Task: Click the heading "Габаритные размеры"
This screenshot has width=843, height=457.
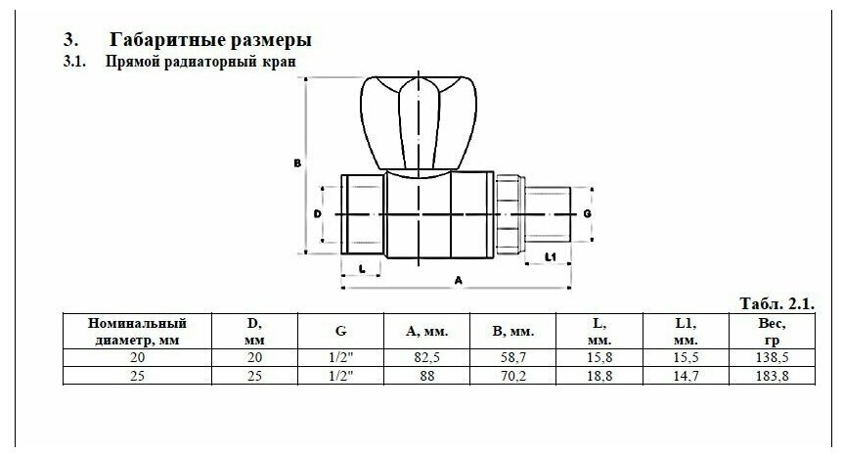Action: [211, 40]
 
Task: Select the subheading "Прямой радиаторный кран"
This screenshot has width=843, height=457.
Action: [200, 61]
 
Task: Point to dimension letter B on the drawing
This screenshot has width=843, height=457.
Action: [296, 163]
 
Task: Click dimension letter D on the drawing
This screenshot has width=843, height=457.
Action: [317, 212]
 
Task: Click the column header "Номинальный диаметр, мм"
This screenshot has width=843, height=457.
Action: [136, 330]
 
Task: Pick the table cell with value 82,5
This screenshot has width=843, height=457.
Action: [427, 358]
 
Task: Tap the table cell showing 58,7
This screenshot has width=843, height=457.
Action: [512, 358]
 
